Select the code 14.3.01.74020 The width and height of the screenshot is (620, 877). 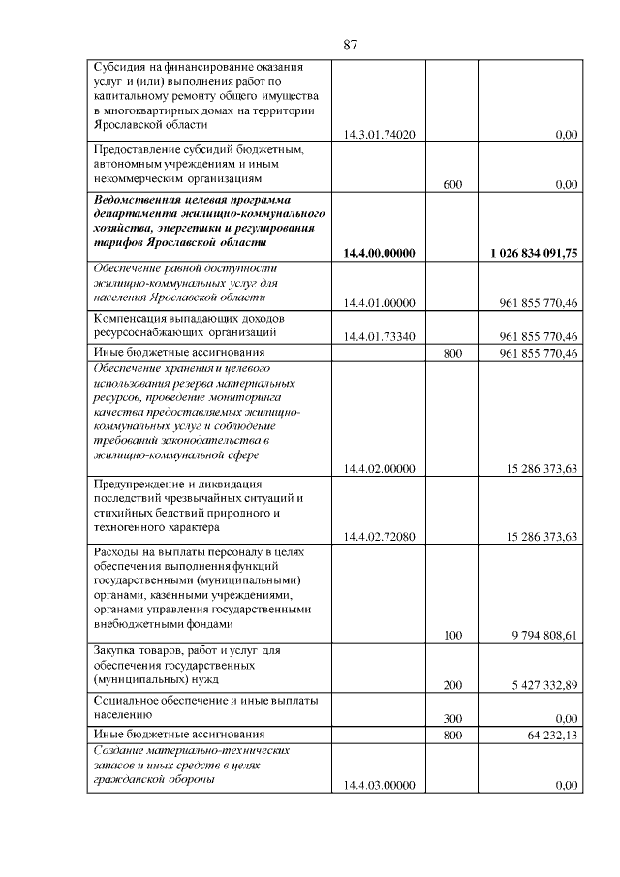coord(379,135)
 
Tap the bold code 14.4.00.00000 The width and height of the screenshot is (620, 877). coord(379,253)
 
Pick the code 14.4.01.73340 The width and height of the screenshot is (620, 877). coord(379,336)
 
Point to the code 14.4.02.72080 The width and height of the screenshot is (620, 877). coord(379,536)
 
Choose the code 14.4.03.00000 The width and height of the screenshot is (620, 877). coord(379,786)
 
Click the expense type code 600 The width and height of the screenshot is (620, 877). coord(451,184)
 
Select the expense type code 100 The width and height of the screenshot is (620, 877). coord(451,636)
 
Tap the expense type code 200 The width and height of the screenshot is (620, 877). coord(451,685)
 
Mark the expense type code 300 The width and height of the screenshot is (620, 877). coord(451,719)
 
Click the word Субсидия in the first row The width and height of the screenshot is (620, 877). coord(120,68)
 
